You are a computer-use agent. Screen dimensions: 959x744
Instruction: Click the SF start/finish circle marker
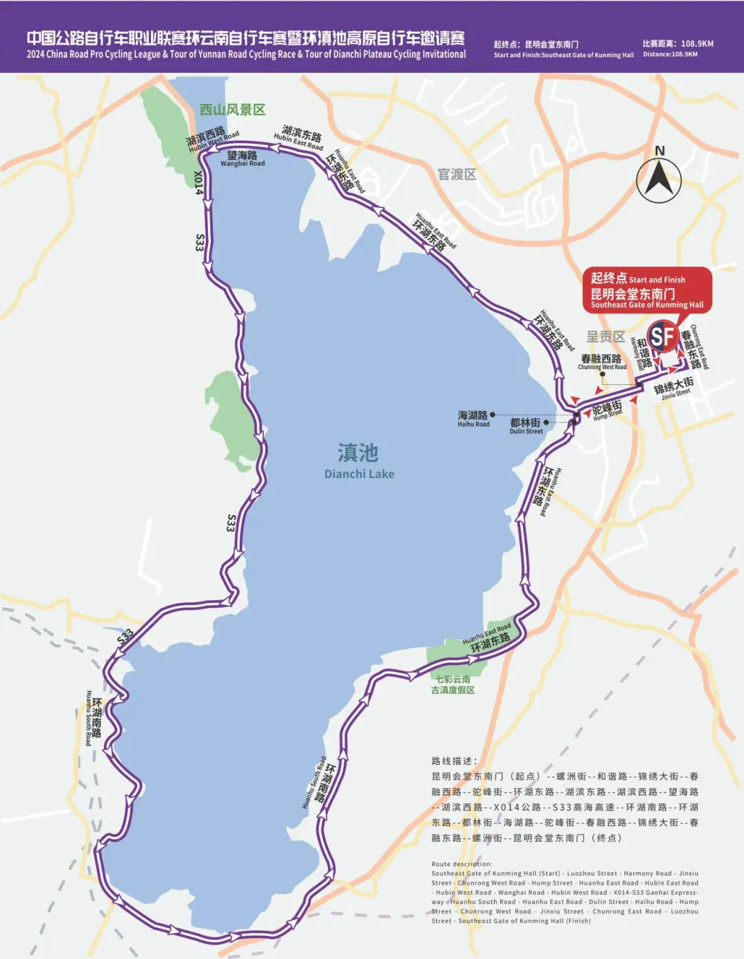coord(663,337)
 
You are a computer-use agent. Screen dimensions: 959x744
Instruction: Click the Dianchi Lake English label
coord(359,474)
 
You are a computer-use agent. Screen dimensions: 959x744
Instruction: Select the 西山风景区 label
coord(232,110)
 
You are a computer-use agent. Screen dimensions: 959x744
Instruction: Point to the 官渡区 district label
coord(457,174)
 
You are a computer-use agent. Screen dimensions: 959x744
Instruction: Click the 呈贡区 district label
coord(606,337)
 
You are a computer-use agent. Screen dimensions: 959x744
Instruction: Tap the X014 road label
coord(198,182)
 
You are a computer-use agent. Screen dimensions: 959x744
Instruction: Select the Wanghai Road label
coord(242,164)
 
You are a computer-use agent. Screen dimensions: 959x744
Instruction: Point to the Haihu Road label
coord(473,424)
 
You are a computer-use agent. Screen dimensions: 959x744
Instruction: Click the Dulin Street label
coord(526,431)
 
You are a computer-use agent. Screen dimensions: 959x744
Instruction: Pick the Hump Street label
coord(608,414)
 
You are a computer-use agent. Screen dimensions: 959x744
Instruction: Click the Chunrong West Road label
coord(601,367)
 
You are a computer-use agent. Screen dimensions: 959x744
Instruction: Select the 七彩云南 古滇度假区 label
coord(453,684)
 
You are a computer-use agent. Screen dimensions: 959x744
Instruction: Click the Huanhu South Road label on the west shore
coord(88,717)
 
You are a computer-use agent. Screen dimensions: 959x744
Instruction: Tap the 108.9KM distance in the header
coord(697,43)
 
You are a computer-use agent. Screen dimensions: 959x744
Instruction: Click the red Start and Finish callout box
coord(647,290)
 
